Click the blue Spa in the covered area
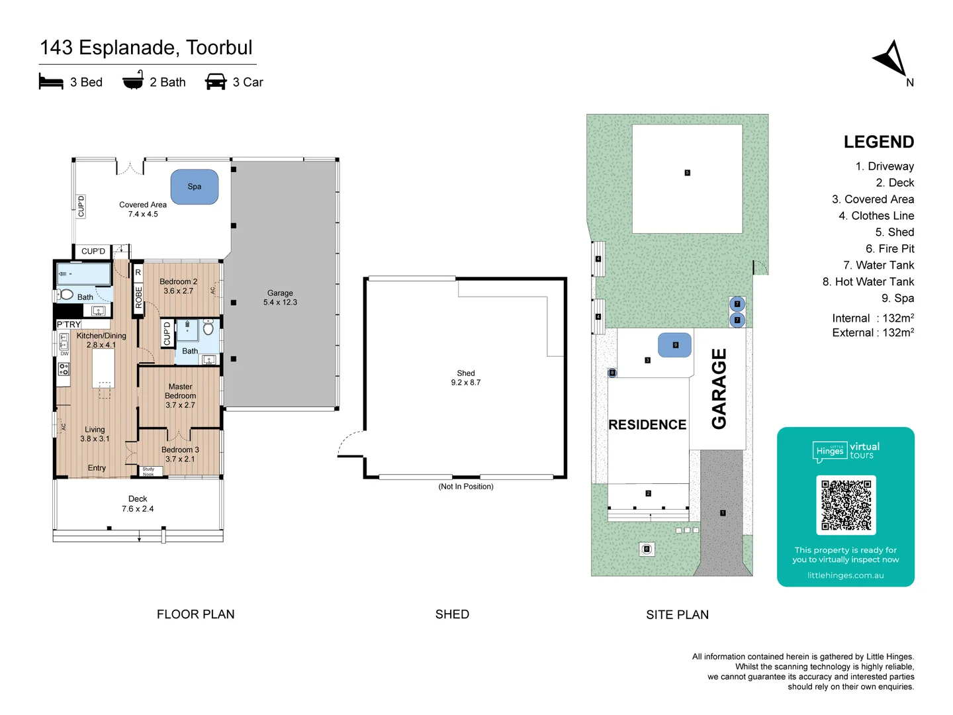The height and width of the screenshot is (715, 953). point(195,187)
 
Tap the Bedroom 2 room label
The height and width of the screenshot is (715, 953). point(179,286)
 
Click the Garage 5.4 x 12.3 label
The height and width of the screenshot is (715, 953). point(280,297)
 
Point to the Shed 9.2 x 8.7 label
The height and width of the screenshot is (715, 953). point(466,377)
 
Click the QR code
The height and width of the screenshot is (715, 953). point(846,504)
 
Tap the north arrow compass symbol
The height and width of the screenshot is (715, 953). point(891,60)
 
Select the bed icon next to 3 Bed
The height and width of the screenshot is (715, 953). point(51,82)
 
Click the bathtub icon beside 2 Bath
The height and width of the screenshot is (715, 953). point(133,81)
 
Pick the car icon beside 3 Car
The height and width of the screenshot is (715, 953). point(216,82)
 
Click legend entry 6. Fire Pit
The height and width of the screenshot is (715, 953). point(889,249)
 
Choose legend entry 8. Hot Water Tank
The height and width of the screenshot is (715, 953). point(868,282)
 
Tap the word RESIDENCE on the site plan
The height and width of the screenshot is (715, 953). point(647,425)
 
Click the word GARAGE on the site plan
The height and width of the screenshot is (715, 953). point(719,389)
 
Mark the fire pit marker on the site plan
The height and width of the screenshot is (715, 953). point(647,549)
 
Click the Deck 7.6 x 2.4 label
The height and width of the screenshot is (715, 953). point(138,504)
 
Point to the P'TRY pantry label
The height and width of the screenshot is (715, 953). point(69,324)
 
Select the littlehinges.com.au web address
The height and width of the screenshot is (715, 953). point(845,575)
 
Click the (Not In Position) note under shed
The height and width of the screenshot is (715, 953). point(466,487)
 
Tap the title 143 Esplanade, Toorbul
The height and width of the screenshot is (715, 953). point(146,48)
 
